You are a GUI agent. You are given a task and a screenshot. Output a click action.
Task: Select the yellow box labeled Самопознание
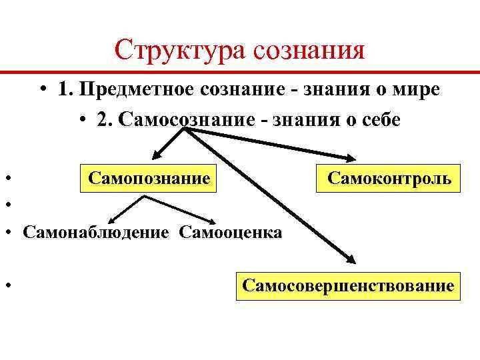coord(149,179)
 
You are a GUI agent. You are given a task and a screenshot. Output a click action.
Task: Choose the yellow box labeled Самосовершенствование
coord(348,287)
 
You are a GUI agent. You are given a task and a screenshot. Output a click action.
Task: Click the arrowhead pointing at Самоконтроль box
coord(351,159)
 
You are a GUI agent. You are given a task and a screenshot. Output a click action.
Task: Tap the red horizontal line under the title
coord(240,71)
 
